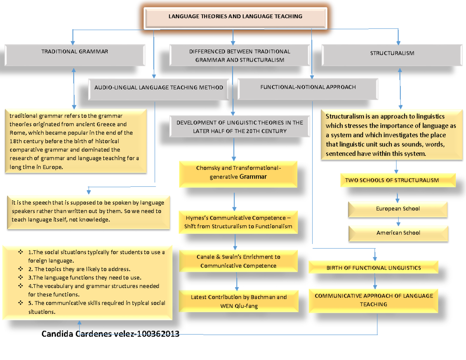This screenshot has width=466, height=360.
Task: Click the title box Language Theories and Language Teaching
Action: click(235, 17)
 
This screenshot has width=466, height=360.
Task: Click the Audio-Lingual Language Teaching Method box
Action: click(158, 88)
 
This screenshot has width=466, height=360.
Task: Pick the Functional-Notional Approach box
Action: click(308, 87)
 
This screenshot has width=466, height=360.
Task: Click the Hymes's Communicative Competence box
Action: click(238, 222)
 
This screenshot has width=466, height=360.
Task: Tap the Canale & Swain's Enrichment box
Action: click(238, 261)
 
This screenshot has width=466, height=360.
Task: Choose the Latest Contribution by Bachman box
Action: click(238, 301)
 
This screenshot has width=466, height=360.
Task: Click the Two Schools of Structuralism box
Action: click(392, 180)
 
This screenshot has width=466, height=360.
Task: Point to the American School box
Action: click(398, 233)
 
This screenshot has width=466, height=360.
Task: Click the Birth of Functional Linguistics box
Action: click(373, 268)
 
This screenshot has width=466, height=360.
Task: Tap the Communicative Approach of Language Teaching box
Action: click(373, 300)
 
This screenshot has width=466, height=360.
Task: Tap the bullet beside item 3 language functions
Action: click(20, 278)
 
